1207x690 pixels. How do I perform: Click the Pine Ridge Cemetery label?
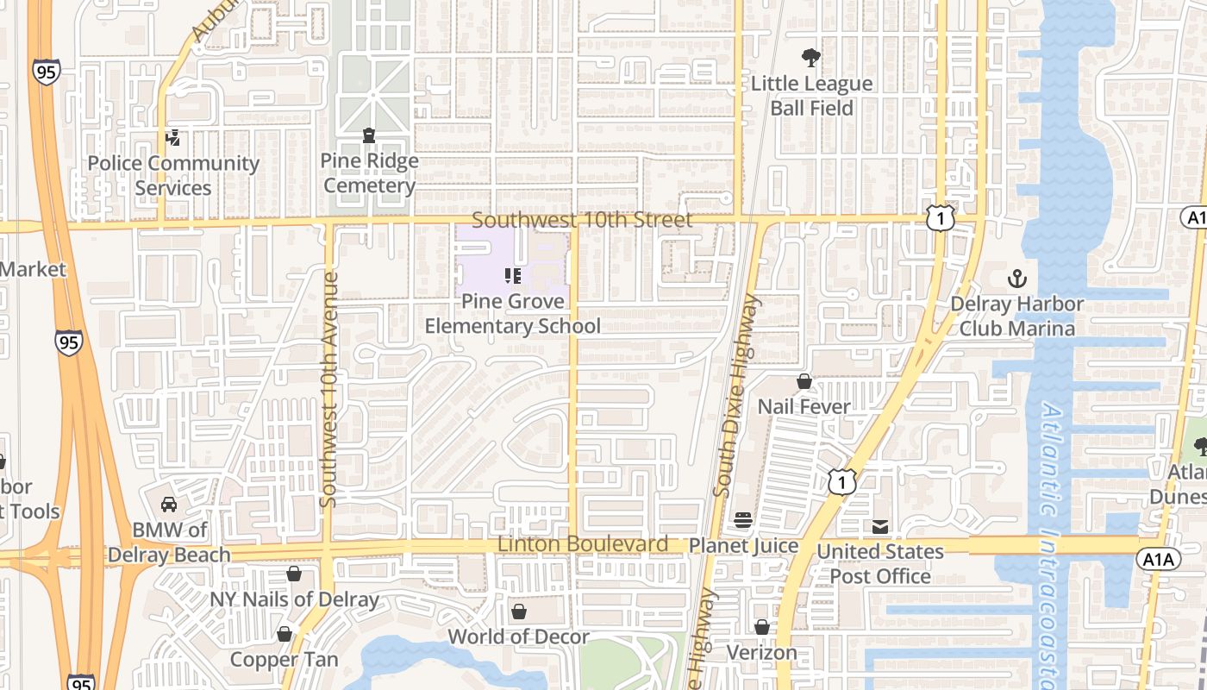click(x=369, y=173)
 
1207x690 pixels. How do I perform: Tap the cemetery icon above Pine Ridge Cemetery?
click(x=369, y=135)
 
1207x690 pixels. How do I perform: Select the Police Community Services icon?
click(x=173, y=137)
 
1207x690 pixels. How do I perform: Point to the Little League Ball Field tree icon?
click(x=810, y=58)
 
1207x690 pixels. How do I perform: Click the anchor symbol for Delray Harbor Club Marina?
click(x=1017, y=279)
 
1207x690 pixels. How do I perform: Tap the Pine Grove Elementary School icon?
click(x=513, y=276)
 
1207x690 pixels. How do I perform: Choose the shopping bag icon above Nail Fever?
click(x=804, y=381)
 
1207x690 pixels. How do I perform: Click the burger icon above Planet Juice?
click(x=743, y=520)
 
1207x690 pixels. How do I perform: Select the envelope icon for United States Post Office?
click(x=880, y=526)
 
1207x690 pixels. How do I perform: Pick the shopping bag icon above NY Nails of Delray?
click(x=294, y=574)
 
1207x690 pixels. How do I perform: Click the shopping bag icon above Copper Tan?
click(x=285, y=635)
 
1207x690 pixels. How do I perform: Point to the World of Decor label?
click(x=519, y=637)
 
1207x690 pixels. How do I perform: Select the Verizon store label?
click(x=762, y=653)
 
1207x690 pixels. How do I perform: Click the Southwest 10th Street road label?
click(x=582, y=221)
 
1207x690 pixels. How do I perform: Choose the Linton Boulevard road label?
click(x=583, y=544)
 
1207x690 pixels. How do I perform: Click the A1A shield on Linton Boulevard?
click(x=1158, y=560)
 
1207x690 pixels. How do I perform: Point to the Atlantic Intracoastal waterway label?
click(x=1059, y=543)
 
